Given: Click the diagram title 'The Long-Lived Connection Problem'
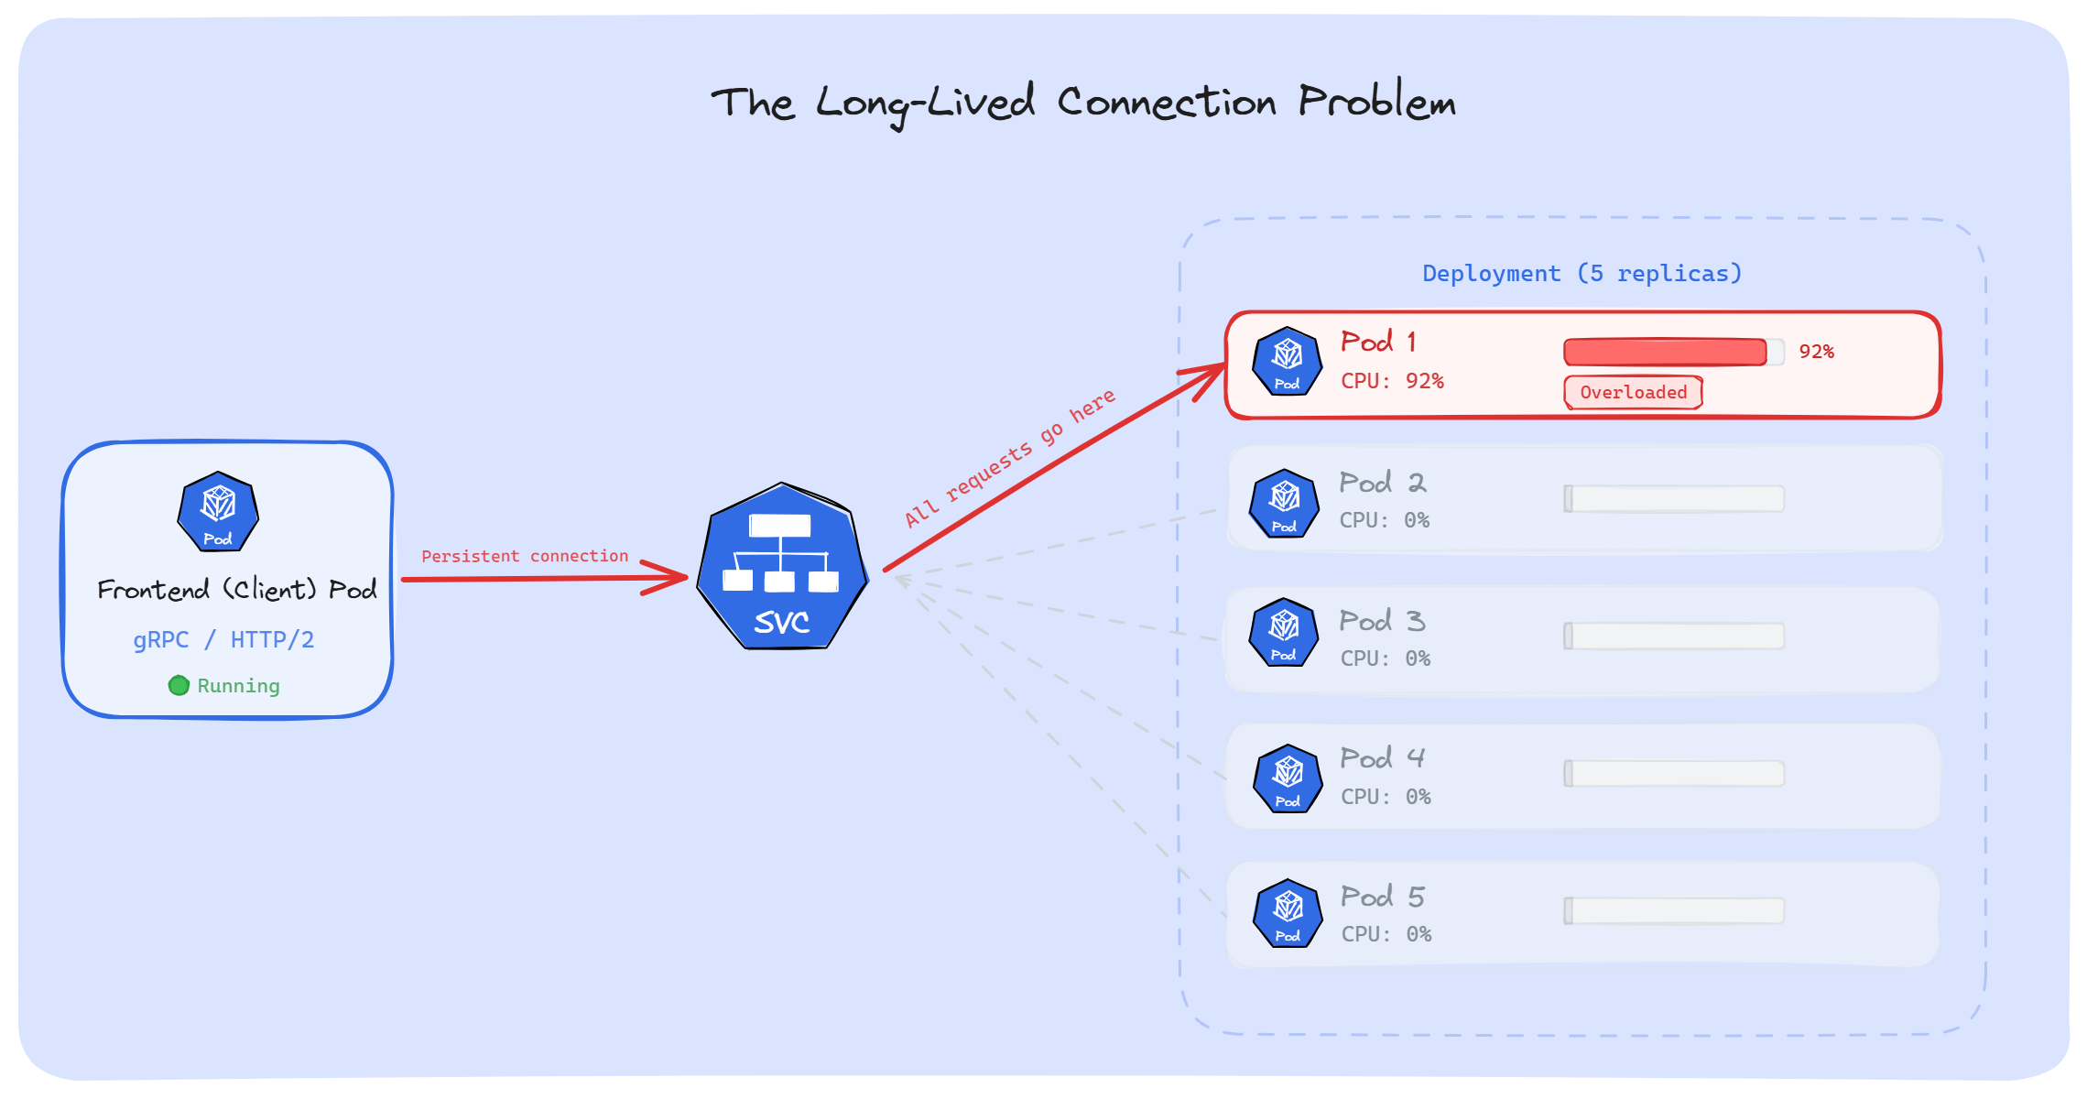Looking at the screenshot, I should [x=1082, y=103].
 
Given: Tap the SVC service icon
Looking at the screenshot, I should [x=782, y=567].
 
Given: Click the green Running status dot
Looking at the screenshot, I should [x=179, y=685].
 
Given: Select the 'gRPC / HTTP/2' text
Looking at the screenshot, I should [x=223, y=639].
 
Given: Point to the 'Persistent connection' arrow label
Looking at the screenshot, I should [x=525, y=556].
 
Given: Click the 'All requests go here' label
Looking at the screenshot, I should [x=1010, y=457].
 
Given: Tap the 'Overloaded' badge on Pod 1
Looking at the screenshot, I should [x=1633, y=392].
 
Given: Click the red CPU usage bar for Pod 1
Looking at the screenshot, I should [x=1665, y=352].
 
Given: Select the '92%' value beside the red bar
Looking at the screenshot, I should [x=1816, y=352].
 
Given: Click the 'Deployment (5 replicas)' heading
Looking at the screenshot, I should [x=1582, y=273].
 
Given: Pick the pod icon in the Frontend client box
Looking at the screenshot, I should [x=218, y=512].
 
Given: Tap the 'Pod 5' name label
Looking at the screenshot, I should [x=1382, y=896].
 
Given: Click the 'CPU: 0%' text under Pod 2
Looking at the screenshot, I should [x=1384, y=520].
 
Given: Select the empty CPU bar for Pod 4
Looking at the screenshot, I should [x=1674, y=773].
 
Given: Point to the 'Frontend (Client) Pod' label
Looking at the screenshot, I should [x=236, y=589].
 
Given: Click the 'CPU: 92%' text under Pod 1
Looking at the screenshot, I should [x=1392, y=381].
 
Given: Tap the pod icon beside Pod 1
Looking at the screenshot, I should [x=1287, y=362].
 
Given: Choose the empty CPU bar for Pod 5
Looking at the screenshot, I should [x=1674, y=910].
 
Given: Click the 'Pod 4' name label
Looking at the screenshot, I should [x=1382, y=757].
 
